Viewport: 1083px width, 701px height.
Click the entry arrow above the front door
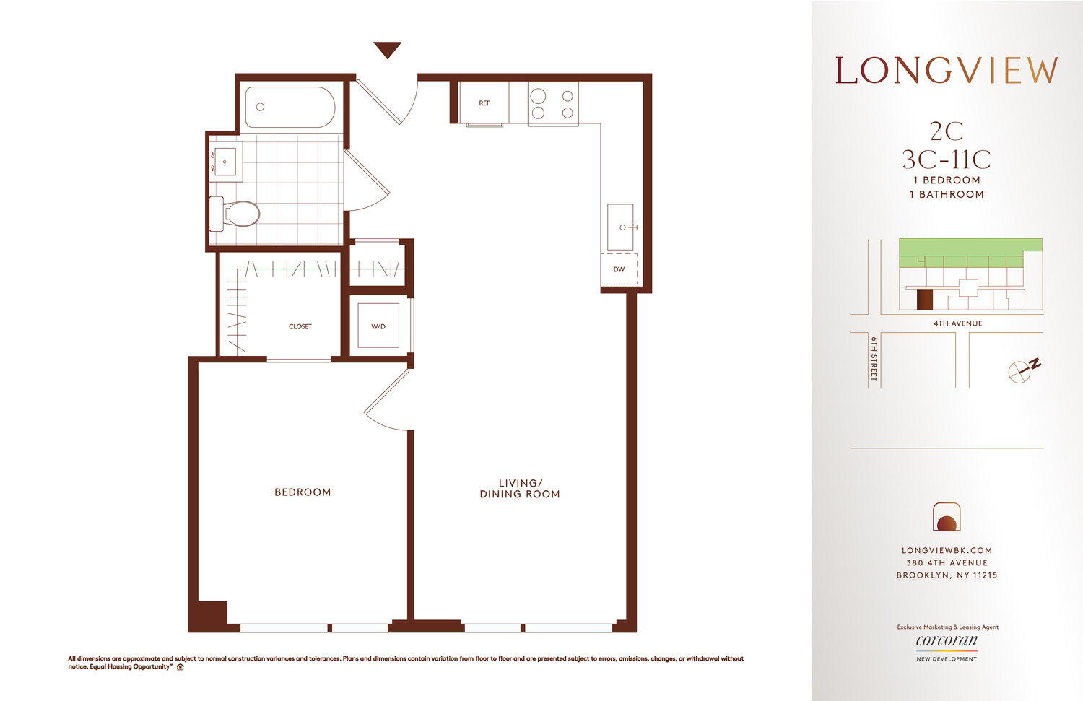click(387, 49)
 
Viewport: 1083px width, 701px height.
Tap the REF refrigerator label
click(484, 103)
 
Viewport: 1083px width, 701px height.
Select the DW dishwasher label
click(619, 269)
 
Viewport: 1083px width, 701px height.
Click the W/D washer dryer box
click(378, 326)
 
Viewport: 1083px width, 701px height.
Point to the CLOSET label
click(300, 326)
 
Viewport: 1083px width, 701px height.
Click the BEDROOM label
click(303, 492)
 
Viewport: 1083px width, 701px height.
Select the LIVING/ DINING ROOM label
click(520, 489)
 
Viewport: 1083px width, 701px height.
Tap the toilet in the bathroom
click(235, 214)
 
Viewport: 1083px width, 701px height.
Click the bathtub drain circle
click(261, 107)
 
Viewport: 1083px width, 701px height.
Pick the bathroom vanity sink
click(225, 162)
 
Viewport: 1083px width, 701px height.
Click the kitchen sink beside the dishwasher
click(620, 227)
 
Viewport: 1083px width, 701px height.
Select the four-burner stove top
click(553, 104)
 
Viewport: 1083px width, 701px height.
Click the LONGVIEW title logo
click(947, 71)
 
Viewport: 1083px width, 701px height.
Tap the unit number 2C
click(947, 131)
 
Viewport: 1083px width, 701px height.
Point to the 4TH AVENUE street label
click(957, 323)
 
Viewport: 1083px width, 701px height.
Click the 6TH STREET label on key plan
click(874, 358)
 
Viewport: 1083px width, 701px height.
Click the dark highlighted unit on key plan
click(924, 300)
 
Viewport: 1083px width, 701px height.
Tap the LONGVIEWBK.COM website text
click(947, 550)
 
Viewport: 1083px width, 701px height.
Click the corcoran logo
click(947, 640)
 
